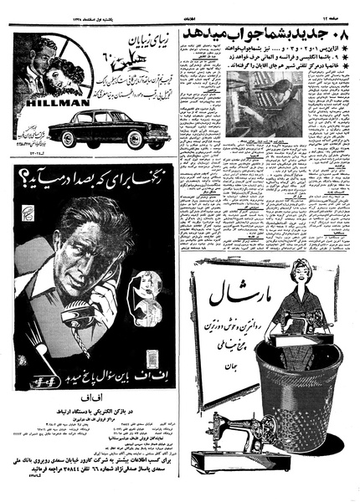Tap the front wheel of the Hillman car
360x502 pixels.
click(134, 142)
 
